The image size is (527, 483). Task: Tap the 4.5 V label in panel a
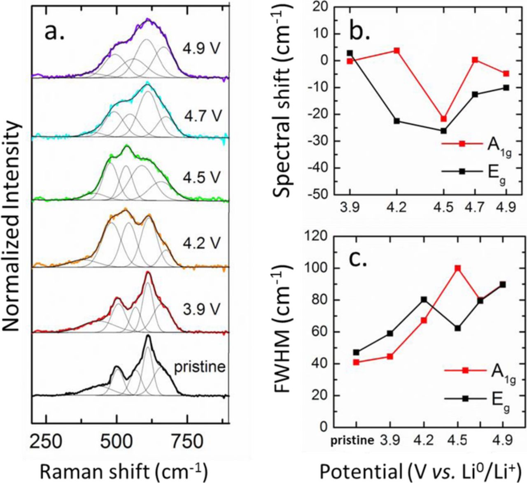tap(202, 178)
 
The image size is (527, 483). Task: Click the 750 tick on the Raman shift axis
tap(187, 442)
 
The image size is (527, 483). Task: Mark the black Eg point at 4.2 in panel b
tap(396, 121)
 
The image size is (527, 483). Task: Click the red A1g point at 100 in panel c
tap(457, 268)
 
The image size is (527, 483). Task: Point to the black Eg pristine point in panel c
tap(357, 352)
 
